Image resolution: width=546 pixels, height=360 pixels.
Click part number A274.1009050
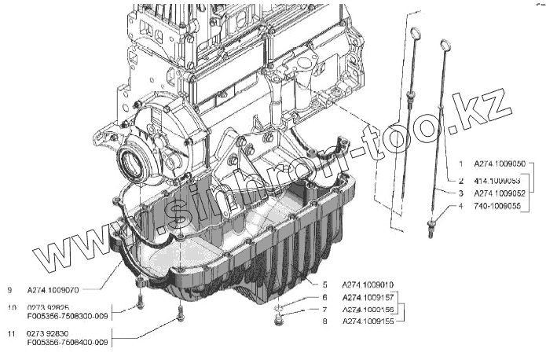(499, 165)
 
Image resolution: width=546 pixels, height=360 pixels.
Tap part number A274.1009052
(499, 193)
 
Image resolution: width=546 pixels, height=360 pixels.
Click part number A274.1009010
(368, 284)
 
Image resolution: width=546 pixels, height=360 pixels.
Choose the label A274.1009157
(368, 297)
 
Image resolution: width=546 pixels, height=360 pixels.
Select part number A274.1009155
(368, 321)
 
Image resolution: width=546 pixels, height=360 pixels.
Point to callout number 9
(9, 288)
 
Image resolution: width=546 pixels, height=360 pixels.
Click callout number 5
(324, 284)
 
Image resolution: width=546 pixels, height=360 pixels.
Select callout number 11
(10, 334)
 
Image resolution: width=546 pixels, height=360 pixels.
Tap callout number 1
(461, 166)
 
